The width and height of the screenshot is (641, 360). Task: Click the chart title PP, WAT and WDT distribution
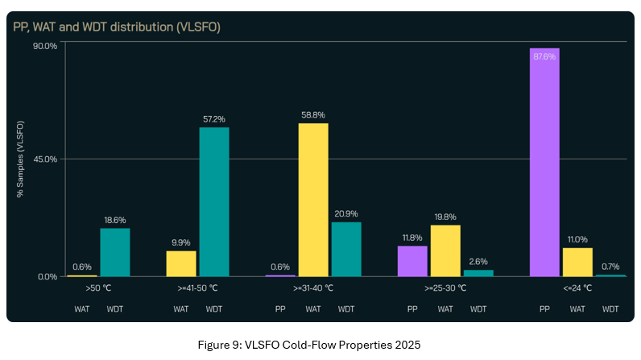point(117,27)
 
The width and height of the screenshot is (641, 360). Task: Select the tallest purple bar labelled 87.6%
point(544,161)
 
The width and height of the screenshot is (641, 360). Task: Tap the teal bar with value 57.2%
point(214,201)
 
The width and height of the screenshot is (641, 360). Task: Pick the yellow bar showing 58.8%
point(313,199)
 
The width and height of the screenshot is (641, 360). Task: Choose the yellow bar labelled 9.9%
point(181,263)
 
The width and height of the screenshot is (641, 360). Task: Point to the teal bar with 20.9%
point(346,249)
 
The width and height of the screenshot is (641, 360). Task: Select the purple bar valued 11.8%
point(412,261)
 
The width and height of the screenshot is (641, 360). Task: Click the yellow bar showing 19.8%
point(445,250)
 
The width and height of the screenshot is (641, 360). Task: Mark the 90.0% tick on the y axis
point(44,46)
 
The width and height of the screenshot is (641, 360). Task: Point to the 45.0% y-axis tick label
point(44,159)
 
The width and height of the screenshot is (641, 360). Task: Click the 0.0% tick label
point(47,277)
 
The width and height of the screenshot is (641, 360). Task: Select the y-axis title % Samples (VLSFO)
point(21,159)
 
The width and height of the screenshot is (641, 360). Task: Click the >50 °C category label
point(99,288)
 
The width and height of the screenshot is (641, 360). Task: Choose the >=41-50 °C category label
point(198,288)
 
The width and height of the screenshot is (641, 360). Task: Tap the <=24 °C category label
point(577,288)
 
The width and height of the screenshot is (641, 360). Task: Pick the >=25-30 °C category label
point(445,288)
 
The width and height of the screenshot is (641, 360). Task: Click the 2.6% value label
point(478,261)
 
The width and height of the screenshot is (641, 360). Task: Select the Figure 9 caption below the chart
point(309,345)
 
